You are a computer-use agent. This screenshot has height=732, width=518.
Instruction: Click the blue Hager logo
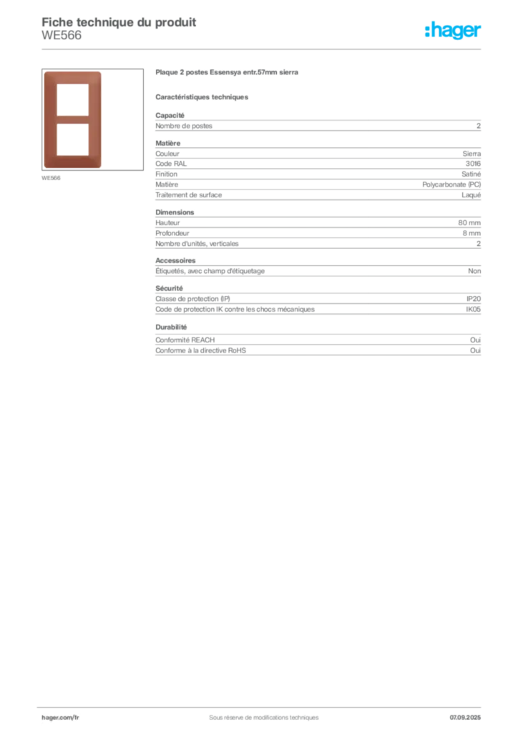pos(454,31)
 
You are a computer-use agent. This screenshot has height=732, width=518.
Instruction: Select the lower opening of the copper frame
pos(73,139)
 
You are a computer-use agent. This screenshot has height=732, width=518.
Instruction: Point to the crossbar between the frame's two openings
pos(73,120)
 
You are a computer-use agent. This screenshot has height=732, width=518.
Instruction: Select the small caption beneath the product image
pos(52,178)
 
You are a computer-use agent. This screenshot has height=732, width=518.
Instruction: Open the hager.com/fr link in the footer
pos(60,716)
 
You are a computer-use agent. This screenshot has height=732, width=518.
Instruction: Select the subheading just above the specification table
pos(203,97)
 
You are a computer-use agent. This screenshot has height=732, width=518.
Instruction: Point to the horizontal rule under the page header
pos(263,48)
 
